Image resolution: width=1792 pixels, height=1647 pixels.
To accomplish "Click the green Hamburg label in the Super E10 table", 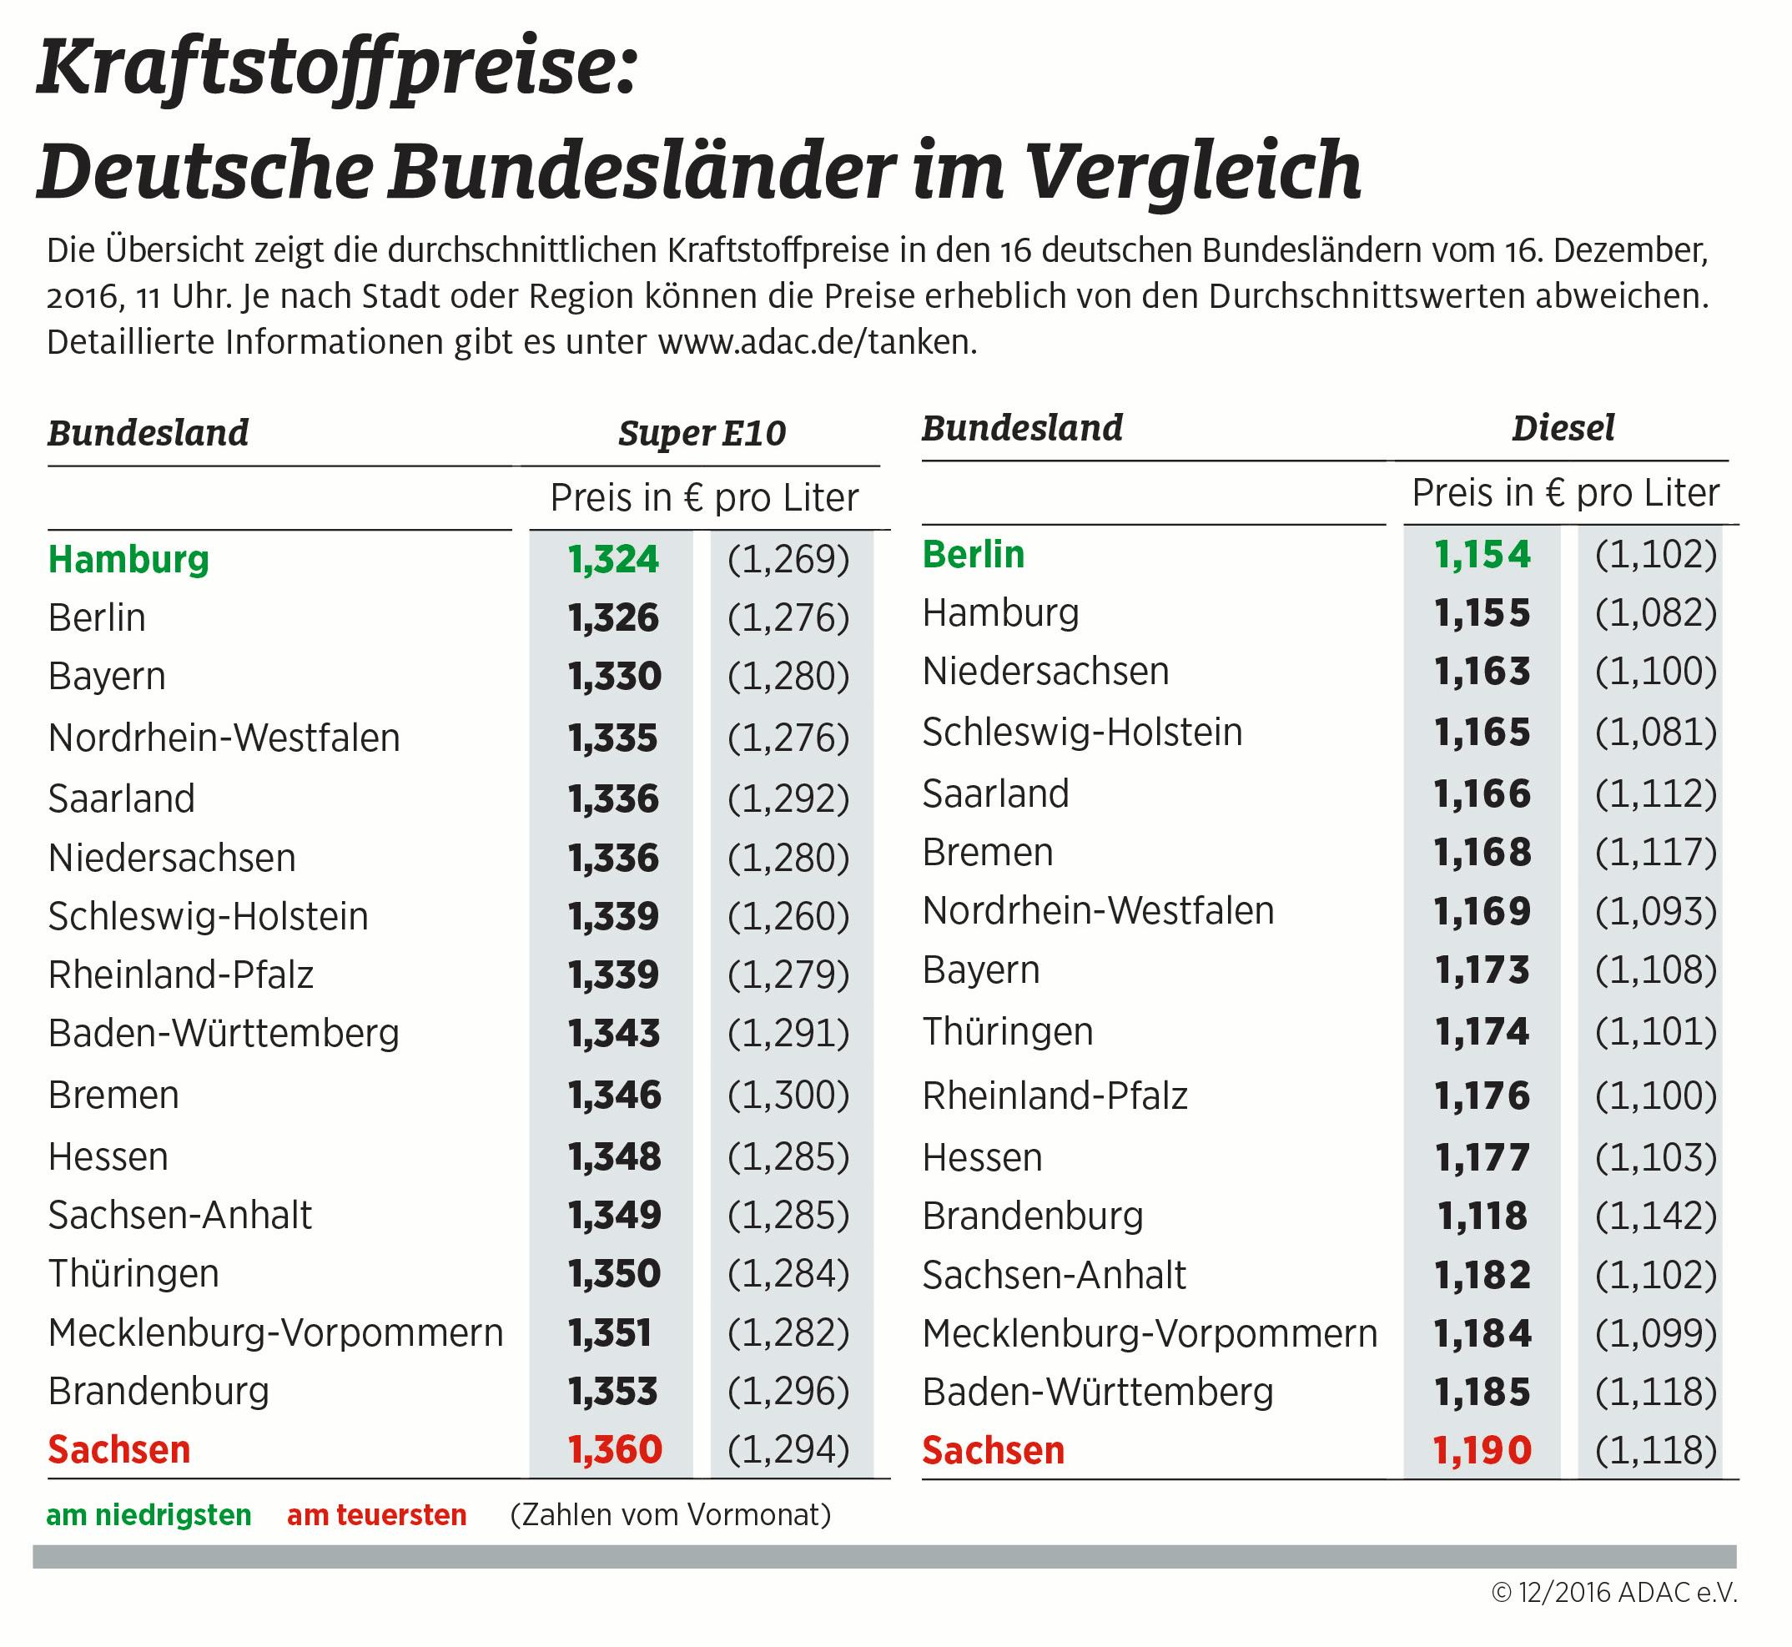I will pos(128,560).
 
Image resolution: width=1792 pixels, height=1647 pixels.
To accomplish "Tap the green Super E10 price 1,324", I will pos(613,560).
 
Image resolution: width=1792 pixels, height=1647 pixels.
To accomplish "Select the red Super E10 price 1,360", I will pos(615,1449).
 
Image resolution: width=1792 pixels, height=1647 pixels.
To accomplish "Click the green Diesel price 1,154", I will pos(1482,554).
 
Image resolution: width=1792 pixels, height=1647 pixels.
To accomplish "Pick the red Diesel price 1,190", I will pos(1482,1450).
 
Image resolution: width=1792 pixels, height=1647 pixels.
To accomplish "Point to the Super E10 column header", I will pos(702,433).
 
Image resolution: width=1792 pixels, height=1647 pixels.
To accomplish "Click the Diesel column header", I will pos(1563,429).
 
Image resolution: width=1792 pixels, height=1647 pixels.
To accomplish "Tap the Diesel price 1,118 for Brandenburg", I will pos(1482,1216).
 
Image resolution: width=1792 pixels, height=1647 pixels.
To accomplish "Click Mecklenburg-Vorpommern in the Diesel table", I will pos(1150,1333).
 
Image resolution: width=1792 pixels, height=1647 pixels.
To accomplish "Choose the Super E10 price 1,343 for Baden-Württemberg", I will pos(615,1033).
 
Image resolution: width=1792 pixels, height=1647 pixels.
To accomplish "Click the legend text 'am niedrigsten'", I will pos(148,1515).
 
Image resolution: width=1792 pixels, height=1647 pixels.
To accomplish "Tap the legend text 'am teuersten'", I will pos(377,1515).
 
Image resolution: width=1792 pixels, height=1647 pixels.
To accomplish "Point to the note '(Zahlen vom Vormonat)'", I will pos(670,1515).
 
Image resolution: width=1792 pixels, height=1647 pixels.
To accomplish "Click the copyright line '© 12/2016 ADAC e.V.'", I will pos(1614,1593).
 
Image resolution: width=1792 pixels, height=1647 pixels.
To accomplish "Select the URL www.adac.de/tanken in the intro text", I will pos(815,342).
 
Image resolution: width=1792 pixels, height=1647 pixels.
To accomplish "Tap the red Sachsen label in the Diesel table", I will pos(993,1450).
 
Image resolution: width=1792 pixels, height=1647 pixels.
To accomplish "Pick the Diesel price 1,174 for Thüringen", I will pos(1482,1031).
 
